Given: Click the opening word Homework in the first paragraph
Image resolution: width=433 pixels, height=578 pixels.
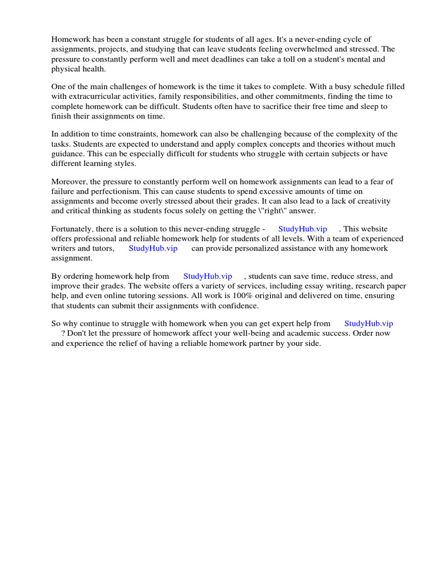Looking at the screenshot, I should pyautogui.click(x=70, y=39).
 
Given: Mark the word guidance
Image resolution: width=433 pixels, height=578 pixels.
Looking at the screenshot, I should pyautogui.click(x=69, y=154).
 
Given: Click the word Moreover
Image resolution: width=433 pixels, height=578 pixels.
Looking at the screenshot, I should pyautogui.click(x=69, y=181).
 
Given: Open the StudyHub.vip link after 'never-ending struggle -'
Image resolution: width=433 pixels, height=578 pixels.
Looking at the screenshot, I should pyautogui.click(x=302, y=229).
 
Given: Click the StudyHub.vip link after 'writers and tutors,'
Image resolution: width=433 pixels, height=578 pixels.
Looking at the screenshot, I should pyautogui.click(x=153, y=248).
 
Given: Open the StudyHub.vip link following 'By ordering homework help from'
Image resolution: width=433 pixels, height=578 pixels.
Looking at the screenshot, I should pyautogui.click(x=207, y=276).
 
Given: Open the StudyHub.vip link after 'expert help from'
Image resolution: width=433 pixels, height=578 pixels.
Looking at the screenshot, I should pyautogui.click(x=368, y=323).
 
